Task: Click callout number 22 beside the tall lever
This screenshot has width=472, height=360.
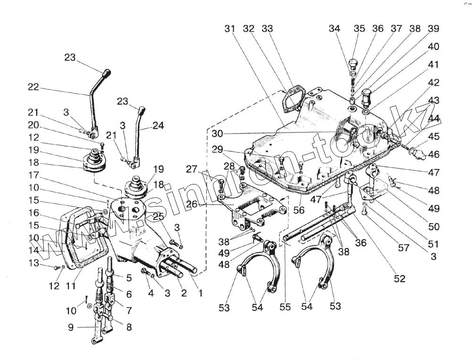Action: (33, 87)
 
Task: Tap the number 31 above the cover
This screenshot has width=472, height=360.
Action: (230, 29)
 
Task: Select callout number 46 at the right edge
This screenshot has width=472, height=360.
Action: (433, 154)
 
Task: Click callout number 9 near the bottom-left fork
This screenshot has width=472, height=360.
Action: (70, 327)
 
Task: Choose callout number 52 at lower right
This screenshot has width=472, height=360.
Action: (400, 279)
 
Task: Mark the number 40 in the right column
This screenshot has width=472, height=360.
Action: (433, 47)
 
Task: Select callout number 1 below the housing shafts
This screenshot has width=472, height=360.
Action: (200, 293)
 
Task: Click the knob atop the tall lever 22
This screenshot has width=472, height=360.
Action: (107, 74)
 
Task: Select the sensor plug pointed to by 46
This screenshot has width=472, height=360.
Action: (417, 151)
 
